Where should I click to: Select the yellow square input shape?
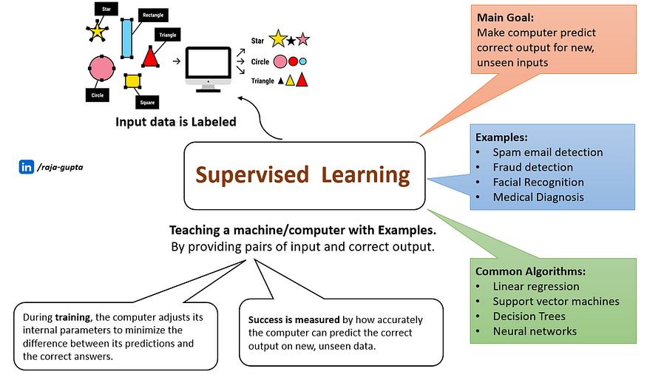(132, 80)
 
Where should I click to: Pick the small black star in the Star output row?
(291, 40)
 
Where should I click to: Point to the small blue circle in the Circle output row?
(303, 61)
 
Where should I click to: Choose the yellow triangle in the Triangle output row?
(291, 80)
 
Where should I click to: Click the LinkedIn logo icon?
(26, 167)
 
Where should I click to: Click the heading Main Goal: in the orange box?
(505, 18)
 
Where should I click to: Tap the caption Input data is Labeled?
(175, 120)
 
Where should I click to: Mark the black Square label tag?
(147, 102)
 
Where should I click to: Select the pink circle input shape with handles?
(101, 68)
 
